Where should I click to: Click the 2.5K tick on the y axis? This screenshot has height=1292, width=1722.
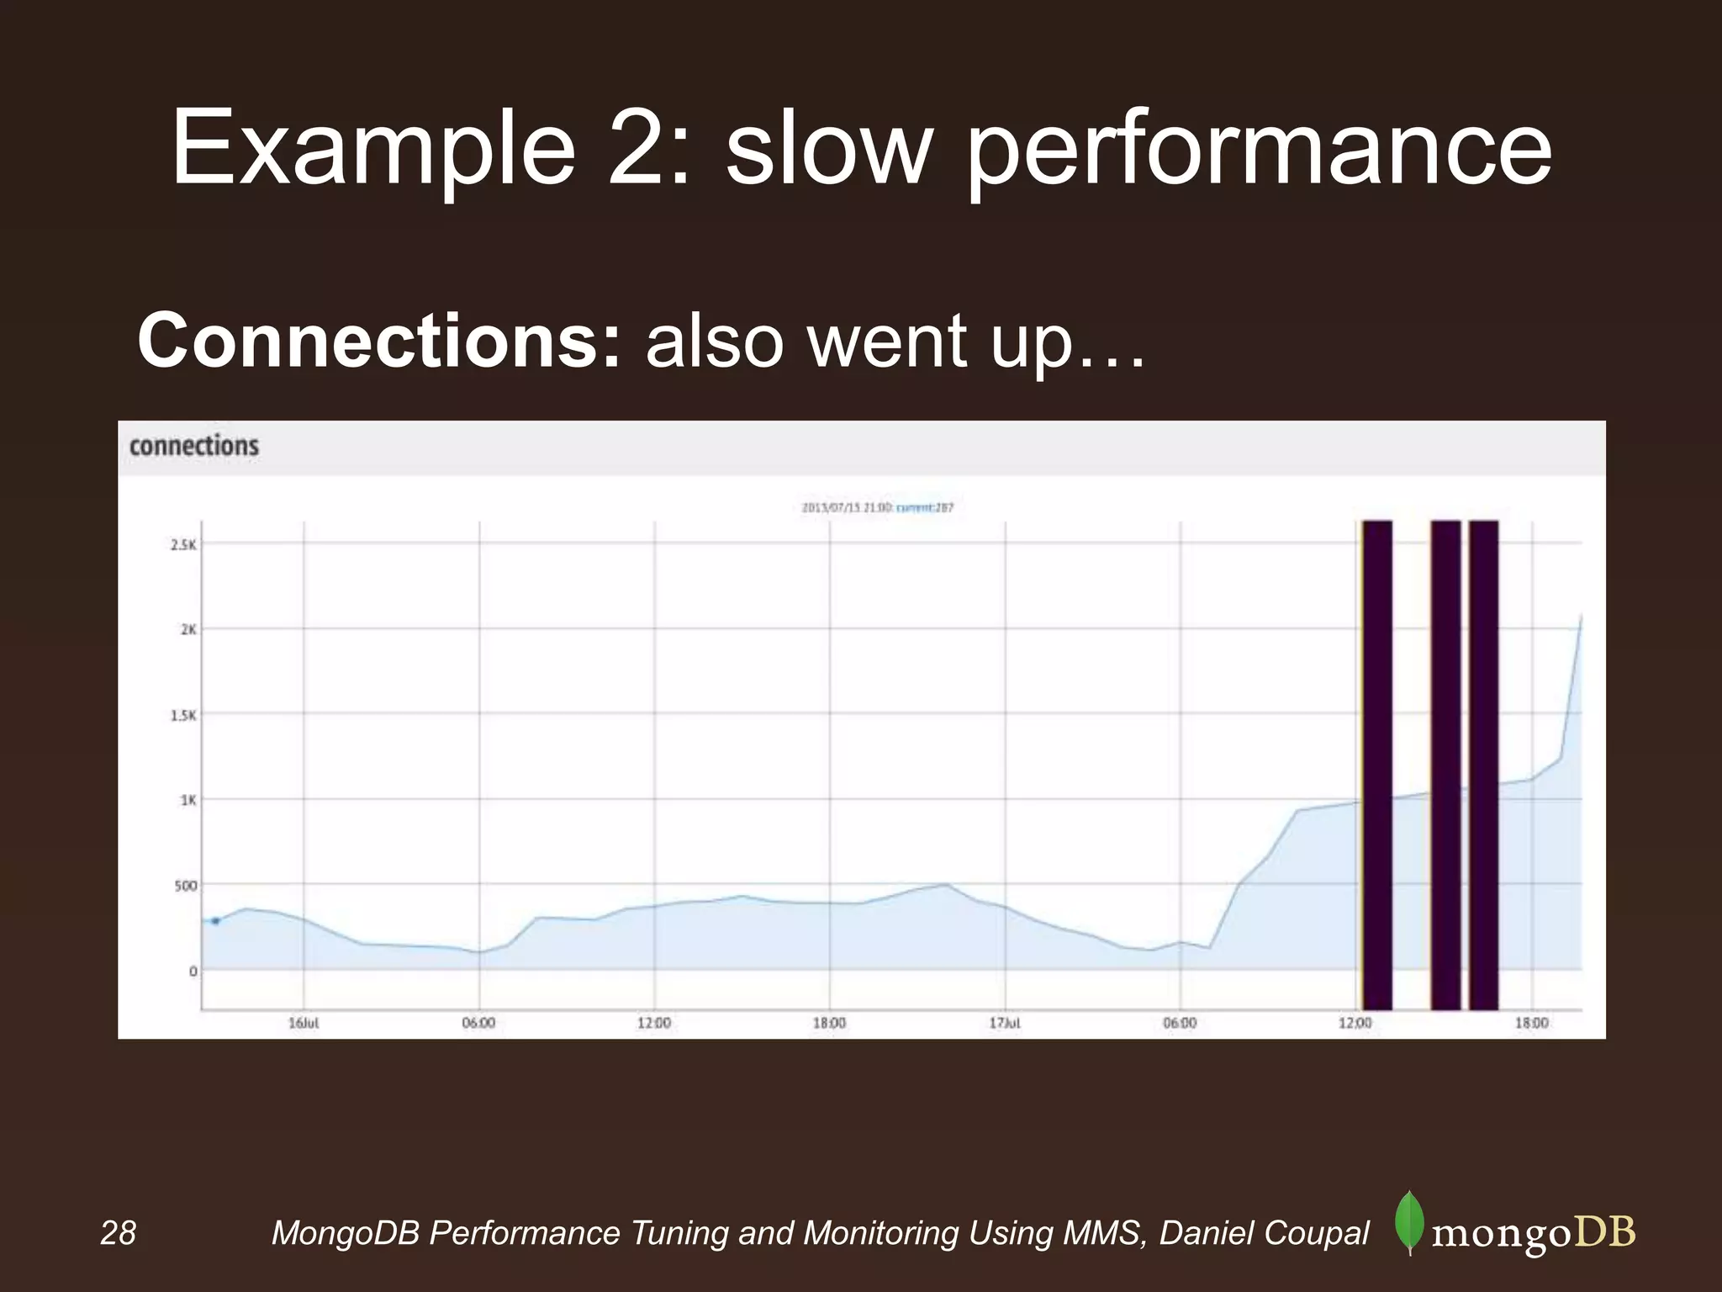coord(182,545)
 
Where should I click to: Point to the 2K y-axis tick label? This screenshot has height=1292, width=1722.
coord(188,629)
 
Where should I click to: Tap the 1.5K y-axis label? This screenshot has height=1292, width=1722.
coord(182,715)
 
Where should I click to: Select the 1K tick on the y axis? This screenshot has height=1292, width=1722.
coord(188,800)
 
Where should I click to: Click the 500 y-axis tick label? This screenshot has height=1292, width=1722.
coord(185,886)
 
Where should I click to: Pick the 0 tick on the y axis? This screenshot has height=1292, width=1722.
coord(193,972)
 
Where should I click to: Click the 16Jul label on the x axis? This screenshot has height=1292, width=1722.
coord(304,1024)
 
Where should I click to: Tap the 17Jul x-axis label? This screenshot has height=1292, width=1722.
coord(1005,1024)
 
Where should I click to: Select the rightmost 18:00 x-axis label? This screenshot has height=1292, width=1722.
coord(1531,1024)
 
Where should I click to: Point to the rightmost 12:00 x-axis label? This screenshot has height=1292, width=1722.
coord(1355,1024)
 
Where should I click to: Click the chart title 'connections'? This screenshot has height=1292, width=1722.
coord(194,446)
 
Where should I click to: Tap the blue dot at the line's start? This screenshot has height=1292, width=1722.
coord(215,921)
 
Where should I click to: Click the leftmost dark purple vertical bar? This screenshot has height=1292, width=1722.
coord(1377,765)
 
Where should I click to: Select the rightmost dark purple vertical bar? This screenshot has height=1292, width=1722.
coord(1484,765)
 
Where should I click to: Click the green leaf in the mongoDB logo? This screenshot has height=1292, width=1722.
coord(1408,1223)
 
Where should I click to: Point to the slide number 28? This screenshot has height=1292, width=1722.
coord(118,1233)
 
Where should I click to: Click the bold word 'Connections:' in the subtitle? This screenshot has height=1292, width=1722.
coord(379,341)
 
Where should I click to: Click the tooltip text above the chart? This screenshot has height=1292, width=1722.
coord(877,508)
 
